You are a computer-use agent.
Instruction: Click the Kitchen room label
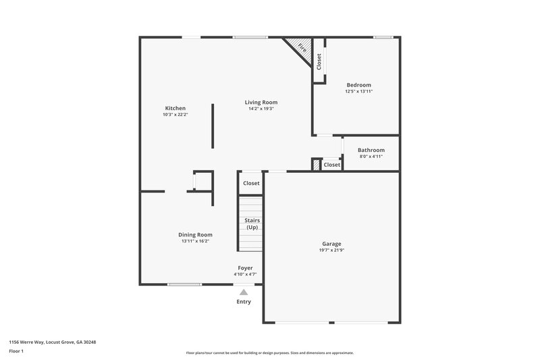175,108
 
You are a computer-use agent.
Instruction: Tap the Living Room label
261,102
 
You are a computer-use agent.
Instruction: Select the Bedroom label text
358,85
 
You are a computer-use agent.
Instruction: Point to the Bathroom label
371,150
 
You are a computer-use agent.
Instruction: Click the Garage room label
331,244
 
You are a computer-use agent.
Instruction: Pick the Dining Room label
195,234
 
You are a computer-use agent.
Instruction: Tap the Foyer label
245,268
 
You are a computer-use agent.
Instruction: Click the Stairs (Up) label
252,224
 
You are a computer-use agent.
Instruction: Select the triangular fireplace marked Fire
300,49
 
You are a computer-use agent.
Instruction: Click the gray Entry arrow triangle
244,292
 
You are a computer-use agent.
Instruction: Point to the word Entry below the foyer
244,302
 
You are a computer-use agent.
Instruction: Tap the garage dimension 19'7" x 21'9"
331,251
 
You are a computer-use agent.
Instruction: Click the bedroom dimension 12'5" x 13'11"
358,91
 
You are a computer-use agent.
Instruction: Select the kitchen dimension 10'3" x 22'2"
175,115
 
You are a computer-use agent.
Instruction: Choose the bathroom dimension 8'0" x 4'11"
371,157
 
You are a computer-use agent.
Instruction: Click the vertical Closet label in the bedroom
319,61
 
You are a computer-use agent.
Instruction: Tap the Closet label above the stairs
251,183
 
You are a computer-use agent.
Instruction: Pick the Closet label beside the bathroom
331,165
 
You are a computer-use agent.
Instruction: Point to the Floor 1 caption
17,352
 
